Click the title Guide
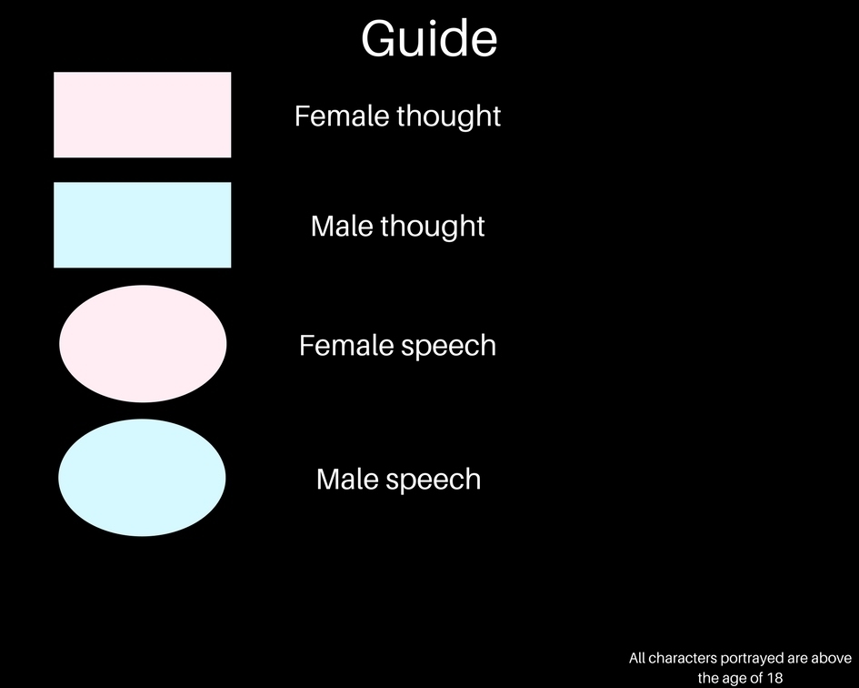click(429, 38)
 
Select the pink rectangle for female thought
click(143, 115)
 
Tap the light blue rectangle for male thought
click(143, 225)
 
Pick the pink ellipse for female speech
click(143, 344)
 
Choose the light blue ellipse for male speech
click(142, 477)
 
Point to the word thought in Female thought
click(449, 116)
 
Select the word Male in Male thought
click(343, 226)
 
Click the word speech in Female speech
click(449, 347)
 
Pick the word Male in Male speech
click(348, 479)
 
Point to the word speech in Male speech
click(434, 481)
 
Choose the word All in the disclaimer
click(636, 658)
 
